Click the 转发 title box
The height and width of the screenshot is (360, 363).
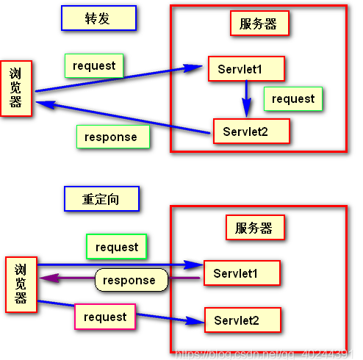[98, 19]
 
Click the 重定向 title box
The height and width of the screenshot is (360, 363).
[101, 198]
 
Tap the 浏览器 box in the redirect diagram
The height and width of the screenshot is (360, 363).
[21, 284]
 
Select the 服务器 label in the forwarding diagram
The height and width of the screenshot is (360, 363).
[258, 24]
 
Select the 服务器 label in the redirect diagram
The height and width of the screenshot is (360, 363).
[254, 227]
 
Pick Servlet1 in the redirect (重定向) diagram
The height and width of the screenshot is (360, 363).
[242, 273]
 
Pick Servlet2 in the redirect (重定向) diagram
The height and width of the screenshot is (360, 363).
[242, 320]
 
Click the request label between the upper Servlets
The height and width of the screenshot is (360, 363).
[292, 98]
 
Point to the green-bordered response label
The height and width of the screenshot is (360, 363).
[111, 137]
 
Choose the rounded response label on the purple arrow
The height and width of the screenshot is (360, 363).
[130, 280]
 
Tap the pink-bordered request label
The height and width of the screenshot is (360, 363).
[105, 317]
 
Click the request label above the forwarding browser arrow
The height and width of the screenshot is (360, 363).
[94, 65]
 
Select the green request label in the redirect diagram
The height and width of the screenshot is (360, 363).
[117, 247]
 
